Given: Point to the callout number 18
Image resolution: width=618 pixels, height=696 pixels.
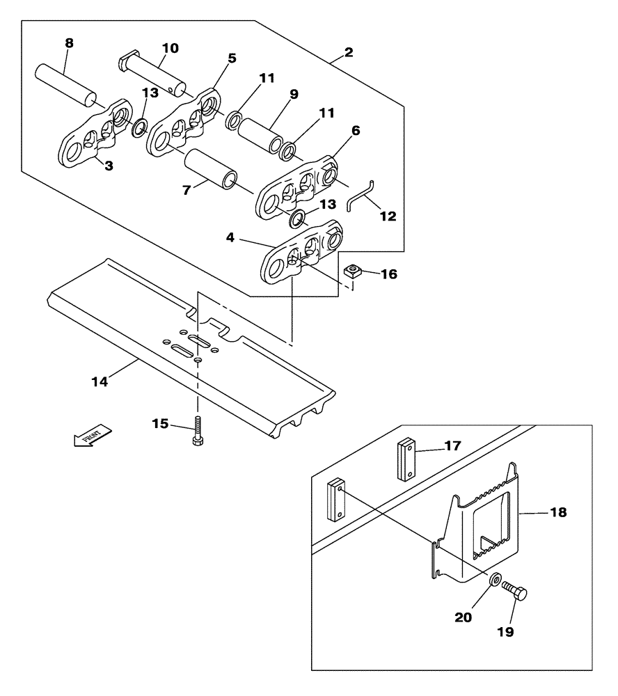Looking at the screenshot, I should click(558, 513).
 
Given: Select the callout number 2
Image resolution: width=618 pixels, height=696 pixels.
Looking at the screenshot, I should click(348, 52).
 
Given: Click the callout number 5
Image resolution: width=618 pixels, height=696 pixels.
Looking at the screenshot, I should click(232, 58).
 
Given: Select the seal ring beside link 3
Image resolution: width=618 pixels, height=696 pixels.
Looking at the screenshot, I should click(139, 127).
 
